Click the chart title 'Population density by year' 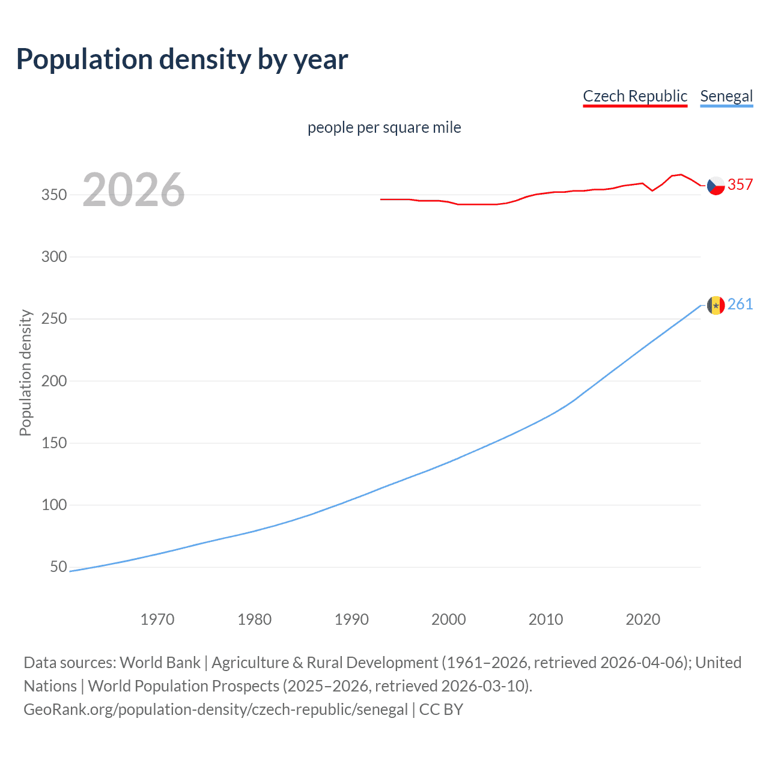(x=182, y=59)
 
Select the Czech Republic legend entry (x=635, y=96)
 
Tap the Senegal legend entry (x=726, y=96)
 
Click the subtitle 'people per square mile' (x=384, y=127)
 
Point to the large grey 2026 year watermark (x=133, y=190)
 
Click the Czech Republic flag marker (x=716, y=186)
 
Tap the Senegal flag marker (x=716, y=305)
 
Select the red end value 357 (x=740, y=184)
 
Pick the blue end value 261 (x=740, y=304)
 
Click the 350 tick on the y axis (x=54, y=195)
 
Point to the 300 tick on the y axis (x=54, y=257)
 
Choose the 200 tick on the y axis (x=54, y=381)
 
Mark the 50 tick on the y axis (x=58, y=567)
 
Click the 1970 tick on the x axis (x=157, y=619)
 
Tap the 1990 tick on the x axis (x=351, y=619)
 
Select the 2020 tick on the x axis (x=643, y=619)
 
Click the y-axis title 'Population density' (x=25, y=372)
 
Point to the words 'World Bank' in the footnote (x=160, y=663)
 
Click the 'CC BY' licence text (x=441, y=710)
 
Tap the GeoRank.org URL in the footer (x=216, y=710)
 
